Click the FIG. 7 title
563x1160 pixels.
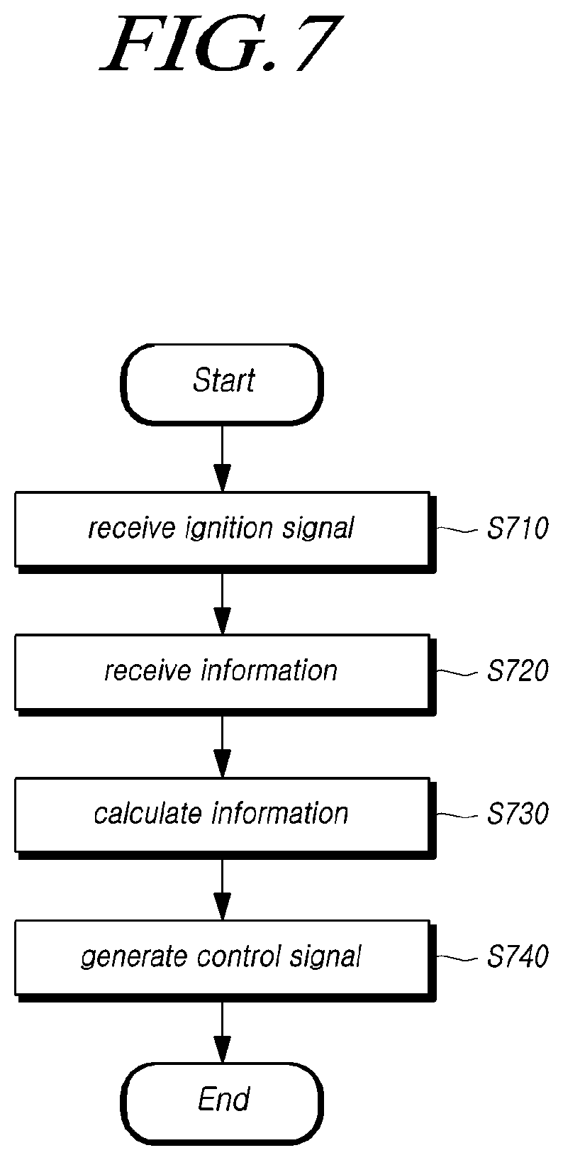222,44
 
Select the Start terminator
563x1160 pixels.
222,385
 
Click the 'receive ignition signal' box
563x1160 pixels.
225,532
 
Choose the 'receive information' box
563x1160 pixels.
225,675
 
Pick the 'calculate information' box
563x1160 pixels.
225,818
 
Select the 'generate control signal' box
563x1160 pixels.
225,961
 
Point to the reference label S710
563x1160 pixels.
518,529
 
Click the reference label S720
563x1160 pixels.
518,671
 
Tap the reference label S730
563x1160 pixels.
518,814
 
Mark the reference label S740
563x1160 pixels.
518,957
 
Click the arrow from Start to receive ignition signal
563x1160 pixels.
222,458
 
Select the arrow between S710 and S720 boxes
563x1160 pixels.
222,603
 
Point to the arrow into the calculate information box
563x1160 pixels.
222,746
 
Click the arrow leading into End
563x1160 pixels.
222,1032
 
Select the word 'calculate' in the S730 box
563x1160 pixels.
148,814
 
